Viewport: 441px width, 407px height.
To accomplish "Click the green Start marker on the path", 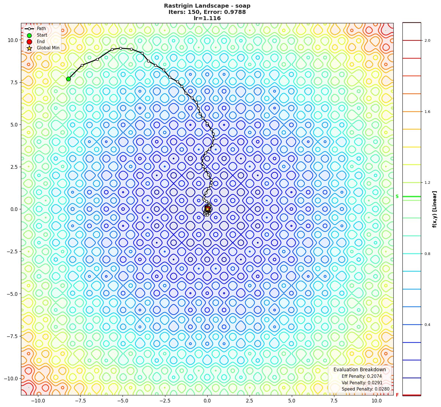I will click(68, 79).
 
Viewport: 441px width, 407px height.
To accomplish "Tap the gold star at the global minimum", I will click(207, 209).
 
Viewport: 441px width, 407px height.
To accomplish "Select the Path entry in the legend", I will click(41, 29).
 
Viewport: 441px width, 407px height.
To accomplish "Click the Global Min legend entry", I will click(48, 48).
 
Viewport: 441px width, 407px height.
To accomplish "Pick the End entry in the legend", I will click(41, 41).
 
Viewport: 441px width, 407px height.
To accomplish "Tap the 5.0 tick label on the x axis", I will click(292, 401).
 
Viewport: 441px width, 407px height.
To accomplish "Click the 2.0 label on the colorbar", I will click(427, 41).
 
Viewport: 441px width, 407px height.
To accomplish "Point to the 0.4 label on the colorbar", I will click(427, 325).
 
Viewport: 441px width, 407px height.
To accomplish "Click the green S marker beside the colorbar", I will click(397, 197).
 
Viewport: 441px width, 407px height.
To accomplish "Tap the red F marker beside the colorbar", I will click(397, 395).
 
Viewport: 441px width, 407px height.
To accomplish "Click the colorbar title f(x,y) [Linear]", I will click(434, 209).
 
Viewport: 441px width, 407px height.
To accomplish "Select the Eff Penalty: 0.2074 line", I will click(362, 376).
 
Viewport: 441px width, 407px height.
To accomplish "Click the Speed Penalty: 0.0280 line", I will click(365, 389).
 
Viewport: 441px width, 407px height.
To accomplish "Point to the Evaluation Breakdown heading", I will click(360, 370).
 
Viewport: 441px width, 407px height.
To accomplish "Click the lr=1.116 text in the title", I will click(207, 18).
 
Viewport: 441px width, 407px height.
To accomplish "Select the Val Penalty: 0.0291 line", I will click(362, 383).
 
